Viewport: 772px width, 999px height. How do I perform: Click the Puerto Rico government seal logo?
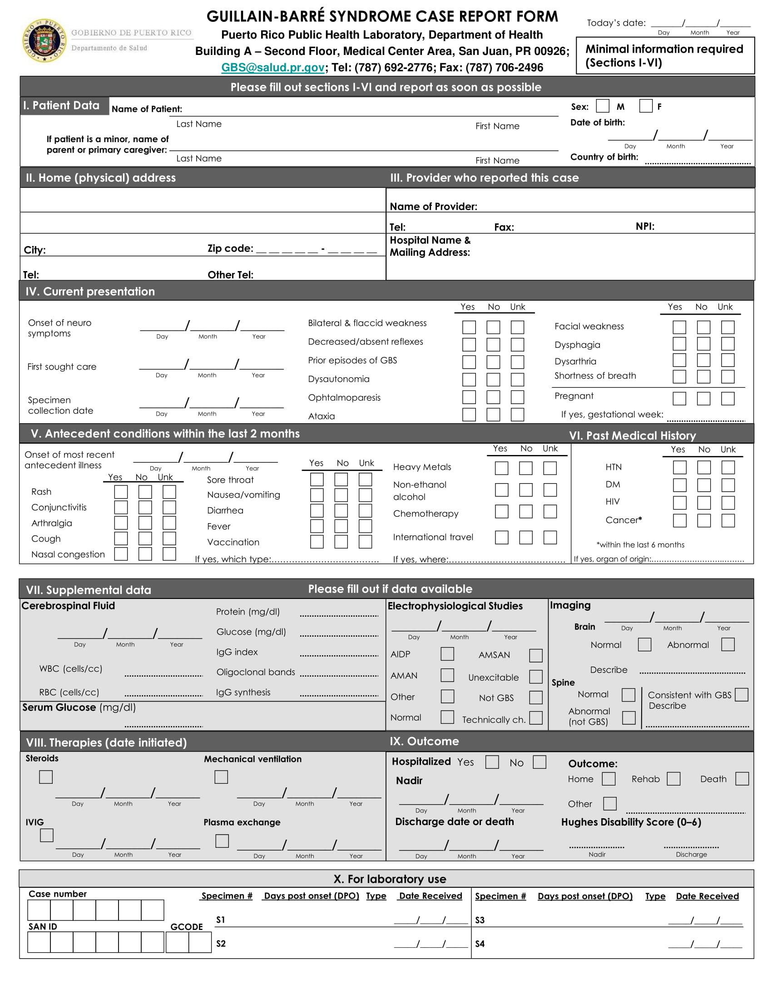pyautogui.click(x=45, y=41)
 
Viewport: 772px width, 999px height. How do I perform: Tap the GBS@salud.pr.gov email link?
pyautogui.click(x=272, y=68)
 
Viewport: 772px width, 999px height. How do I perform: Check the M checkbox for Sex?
pyautogui.click(x=602, y=106)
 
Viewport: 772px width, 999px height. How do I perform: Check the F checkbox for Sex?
pyautogui.click(x=645, y=106)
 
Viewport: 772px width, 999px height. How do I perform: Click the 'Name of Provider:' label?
pyautogui.click(x=433, y=206)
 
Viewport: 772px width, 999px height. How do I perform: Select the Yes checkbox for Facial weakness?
pyautogui.click(x=679, y=327)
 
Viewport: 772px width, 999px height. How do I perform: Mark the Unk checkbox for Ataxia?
pyautogui.click(x=517, y=415)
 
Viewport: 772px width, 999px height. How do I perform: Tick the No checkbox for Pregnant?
pyautogui.click(x=703, y=399)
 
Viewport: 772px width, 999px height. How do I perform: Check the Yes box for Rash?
pyautogui.click(x=121, y=492)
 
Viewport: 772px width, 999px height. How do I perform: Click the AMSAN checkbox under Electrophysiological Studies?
pyautogui.click(x=535, y=655)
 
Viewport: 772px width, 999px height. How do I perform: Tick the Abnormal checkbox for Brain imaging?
pyautogui.click(x=727, y=644)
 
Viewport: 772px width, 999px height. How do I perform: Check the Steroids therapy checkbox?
pyautogui.click(x=46, y=776)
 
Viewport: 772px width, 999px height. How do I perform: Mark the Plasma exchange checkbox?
pyautogui.click(x=222, y=841)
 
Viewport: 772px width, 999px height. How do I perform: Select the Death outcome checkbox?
pyautogui.click(x=742, y=778)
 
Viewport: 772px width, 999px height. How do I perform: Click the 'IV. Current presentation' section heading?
pyautogui.click(x=90, y=292)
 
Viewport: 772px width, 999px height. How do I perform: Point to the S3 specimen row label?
pyautogui.click(x=480, y=920)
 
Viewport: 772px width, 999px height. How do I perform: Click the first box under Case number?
pyautogui.click(x=39, y=910)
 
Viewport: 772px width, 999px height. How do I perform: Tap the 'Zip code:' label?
pyautogui.click(x=230, y=248)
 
